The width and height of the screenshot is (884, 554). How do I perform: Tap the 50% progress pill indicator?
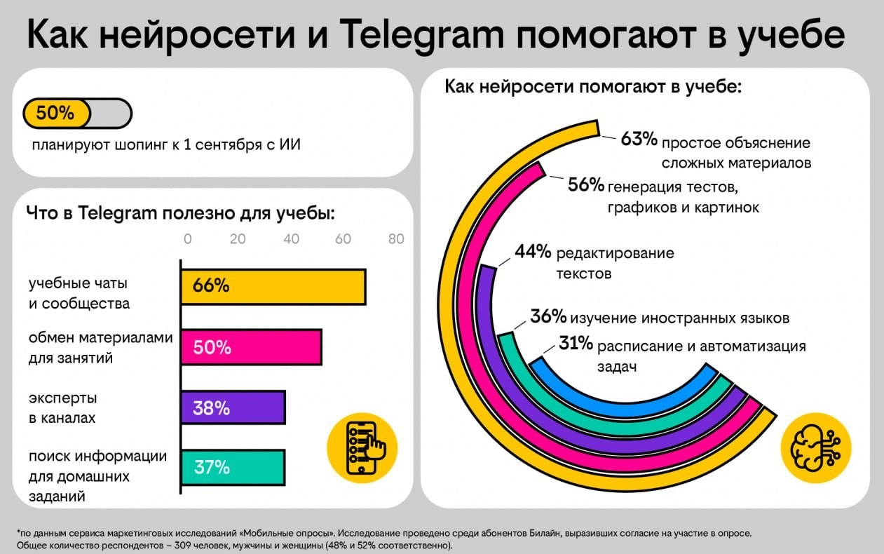pyautogui.click(x=77, y=114)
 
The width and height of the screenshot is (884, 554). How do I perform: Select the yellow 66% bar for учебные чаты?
pyautogui.click(x=273, y=286)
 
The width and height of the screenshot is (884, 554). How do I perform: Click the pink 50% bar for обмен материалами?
pyautogui.click(x=251, y=347)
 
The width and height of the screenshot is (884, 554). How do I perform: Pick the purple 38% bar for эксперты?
pyautogui.click(x=233, y=407)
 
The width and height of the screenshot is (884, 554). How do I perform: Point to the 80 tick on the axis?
pyautogui.click(x=396, y=238)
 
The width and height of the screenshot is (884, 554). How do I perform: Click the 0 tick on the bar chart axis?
pyautogui.click(x=187, y=238)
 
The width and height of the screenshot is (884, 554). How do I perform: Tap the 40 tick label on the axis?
pyautogui.click(x=291, y=238)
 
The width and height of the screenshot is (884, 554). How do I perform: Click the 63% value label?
pyautogui.click(x=639, y=140)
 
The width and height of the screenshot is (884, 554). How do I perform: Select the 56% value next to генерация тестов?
pyautogui.click(x=585, y=185)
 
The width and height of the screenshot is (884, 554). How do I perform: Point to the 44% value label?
pyautogui.click(x=533, y=252)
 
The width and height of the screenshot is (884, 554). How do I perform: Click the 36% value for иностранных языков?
pyautogui.click(x=548, y=317)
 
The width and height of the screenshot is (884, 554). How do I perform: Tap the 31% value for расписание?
pyautogui.click(x=576, y=344)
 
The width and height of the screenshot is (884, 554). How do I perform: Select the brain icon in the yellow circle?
pyautogui.click(x=816, y=447)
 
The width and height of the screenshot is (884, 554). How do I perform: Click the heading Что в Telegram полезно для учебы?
pyautogui.click(x=180, y=212)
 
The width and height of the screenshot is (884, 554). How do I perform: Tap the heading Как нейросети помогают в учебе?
pyautogui.click(x=593, y=88)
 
